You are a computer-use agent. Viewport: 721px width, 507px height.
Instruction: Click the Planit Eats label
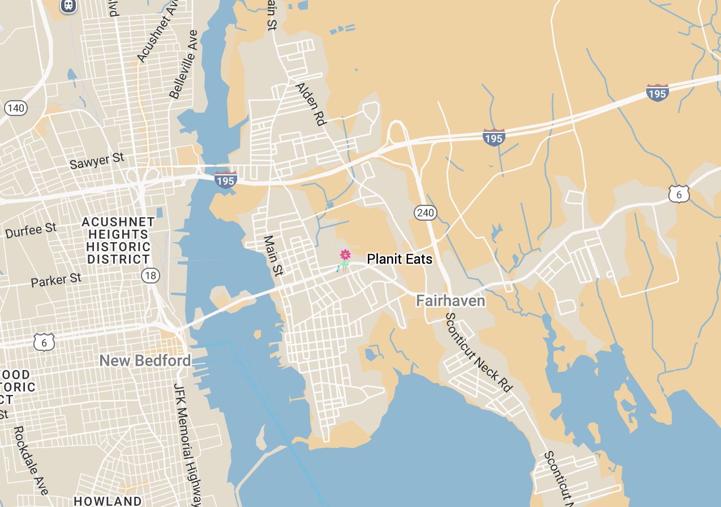coord(400,259)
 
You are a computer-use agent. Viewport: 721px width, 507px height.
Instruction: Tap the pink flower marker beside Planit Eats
coord(345,255)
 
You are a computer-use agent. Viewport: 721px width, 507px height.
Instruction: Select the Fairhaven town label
coord(450,300)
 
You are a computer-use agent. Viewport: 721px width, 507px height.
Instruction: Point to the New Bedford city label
coord(145,360)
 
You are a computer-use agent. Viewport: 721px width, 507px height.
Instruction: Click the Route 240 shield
coord(425,213)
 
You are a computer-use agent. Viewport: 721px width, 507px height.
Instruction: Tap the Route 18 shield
coord(151,276)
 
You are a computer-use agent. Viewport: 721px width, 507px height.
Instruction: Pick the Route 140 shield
coord(16,108)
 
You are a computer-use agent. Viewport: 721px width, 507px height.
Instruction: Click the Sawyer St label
coord(97,161)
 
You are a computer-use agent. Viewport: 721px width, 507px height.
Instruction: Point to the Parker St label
coord(56,280)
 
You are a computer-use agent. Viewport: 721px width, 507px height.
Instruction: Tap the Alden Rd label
coord(311,104)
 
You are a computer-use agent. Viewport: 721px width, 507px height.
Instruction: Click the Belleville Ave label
coord(183,65)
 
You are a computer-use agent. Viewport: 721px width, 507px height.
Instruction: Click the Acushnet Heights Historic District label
coord(118,240)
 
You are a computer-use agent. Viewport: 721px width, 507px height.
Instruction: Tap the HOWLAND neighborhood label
coord(108,501)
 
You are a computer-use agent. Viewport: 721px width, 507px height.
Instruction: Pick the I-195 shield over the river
coord(225,181)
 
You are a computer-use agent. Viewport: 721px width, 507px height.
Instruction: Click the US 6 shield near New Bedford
coord(44,342)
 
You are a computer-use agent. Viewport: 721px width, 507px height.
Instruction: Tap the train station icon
coord(68,5)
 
